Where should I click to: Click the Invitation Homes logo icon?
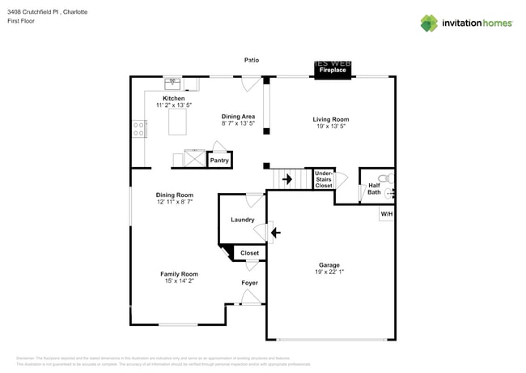point(428,24)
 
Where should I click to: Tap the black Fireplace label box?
point(332,69)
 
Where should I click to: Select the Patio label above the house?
point(252,60)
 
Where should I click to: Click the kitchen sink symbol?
point(172,83)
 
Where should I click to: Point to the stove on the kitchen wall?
point(139,128)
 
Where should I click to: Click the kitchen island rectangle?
point(177,122)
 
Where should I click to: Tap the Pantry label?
point(219,161)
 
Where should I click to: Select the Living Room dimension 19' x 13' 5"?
point(331,126)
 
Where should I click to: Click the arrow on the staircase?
point(286,179)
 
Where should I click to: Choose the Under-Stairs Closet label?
point(323,179)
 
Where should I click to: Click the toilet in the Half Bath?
point(385,178)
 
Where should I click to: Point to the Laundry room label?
point(243,220)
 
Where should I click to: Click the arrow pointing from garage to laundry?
point(275,234)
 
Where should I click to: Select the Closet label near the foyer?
point(250,253)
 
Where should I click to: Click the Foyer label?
point(250,283)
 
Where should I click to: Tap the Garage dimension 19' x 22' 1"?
point(329,272)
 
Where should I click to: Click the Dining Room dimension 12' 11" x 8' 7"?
point(174,202)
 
